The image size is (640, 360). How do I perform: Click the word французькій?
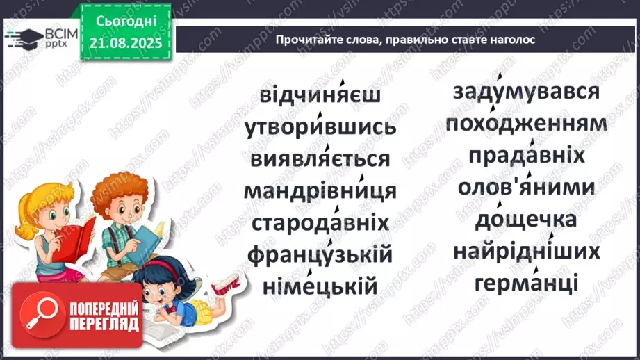[320, 254]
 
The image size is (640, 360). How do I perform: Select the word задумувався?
[526, 92]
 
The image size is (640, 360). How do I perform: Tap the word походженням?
[526, 124]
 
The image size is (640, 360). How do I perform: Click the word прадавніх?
[526, 156]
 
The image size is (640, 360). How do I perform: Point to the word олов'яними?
[526, 188]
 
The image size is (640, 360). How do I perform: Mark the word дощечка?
[526, 220]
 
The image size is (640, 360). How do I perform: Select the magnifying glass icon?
[40, 315]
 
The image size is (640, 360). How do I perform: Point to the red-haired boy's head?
[120, 195]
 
